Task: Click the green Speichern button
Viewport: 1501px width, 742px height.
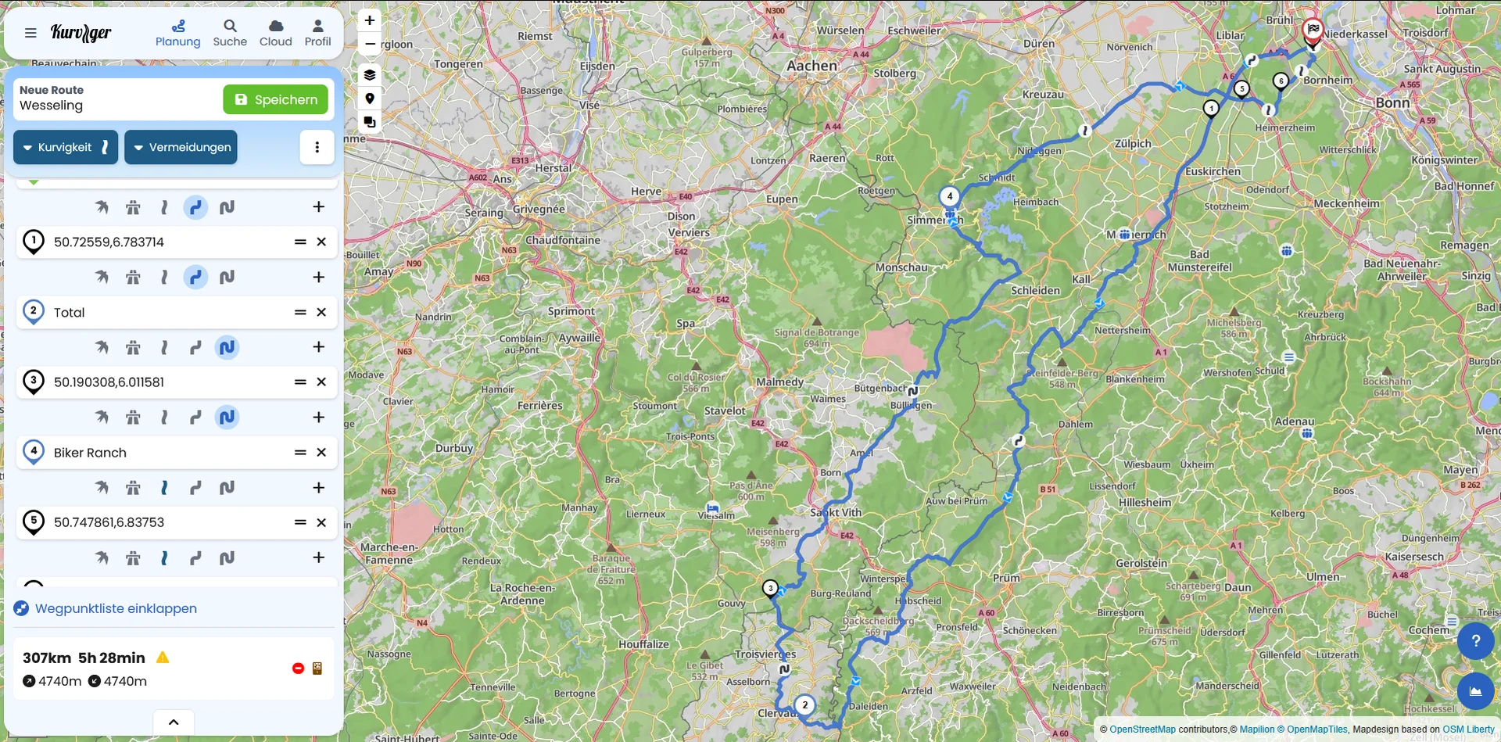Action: [x=275, y=99]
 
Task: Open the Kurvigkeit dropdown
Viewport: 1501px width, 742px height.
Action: [x=66, y=147]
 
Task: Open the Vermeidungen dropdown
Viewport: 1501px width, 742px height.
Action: [x=181, y=147]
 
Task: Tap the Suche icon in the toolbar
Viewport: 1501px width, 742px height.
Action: [x=230, y=33]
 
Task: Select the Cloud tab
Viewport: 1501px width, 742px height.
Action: [x=275, y=33]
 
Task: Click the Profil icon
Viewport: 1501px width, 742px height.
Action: [x=317, y=33]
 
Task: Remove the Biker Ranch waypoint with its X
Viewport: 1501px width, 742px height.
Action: [x=321, y=452]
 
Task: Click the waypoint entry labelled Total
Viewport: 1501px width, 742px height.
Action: [x=156, y=312]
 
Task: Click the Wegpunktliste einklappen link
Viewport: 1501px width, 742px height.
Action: [x=115, y=608]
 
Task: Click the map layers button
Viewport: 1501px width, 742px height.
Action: [x=370, y=74]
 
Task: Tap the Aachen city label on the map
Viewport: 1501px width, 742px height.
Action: [x=811, y=66]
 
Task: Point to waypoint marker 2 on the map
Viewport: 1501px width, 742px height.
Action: [x=804, y=704]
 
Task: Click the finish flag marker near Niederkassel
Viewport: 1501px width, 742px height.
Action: [x=1313, y=30]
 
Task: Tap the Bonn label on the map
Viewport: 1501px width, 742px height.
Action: [x=1392, y=102]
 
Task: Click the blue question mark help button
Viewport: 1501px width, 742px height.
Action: [x=1475, y=641]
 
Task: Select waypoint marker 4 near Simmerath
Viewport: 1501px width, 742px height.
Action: [x=949, y=196]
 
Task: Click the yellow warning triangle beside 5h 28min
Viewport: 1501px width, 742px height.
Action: [x=163, y=658]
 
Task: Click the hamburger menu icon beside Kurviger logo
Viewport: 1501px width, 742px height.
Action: [x=30, y=33]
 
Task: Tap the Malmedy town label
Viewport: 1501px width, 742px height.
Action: [x=779, y=382]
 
